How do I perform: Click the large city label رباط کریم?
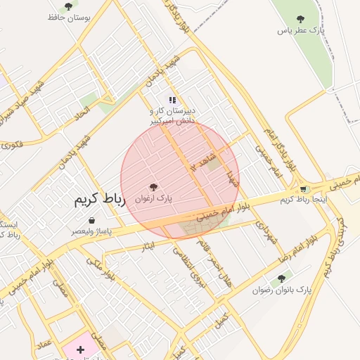(99, 200)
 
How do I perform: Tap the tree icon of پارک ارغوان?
(154, 187)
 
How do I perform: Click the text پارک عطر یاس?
(301, 31)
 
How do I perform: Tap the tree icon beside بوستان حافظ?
(68, 6)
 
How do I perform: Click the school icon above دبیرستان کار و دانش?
(172, 100)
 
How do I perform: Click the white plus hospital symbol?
(80, 349)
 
